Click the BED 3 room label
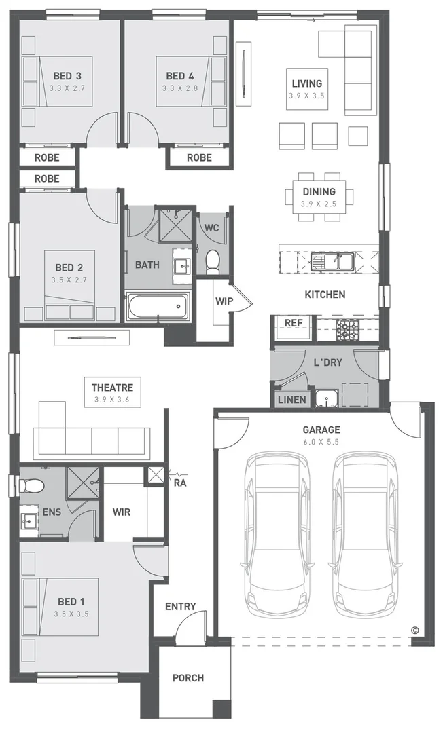click(x=67, y=76)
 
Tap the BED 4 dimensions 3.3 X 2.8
click(x=180, y=88)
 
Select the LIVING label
click(x=307, y=83)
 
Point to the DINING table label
click(x=319, y=191)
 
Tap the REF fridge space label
click(x=294, y=323)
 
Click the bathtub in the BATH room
click(x=158, y=307)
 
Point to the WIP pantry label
click(x=224, y=301)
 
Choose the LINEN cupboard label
click(x=292, y=400)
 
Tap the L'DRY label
click(x=327, y=362)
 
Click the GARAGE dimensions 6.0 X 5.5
click(x=321, y=442)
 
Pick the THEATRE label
click(x=112, y=388)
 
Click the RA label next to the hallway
click(x=180, y=483)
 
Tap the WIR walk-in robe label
click(x=122, y=512)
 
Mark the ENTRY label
click(x=181, y=607)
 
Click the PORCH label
click(x=188, y=678)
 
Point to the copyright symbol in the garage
click(x=414, y=630)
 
